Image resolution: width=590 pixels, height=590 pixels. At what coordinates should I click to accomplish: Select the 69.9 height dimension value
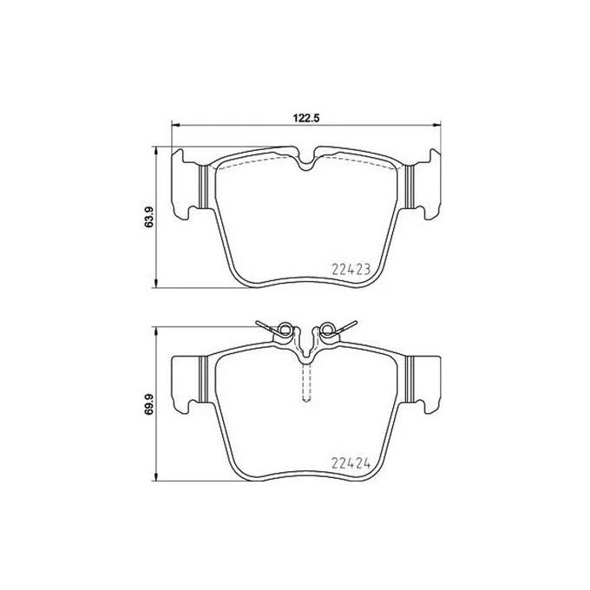149,402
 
